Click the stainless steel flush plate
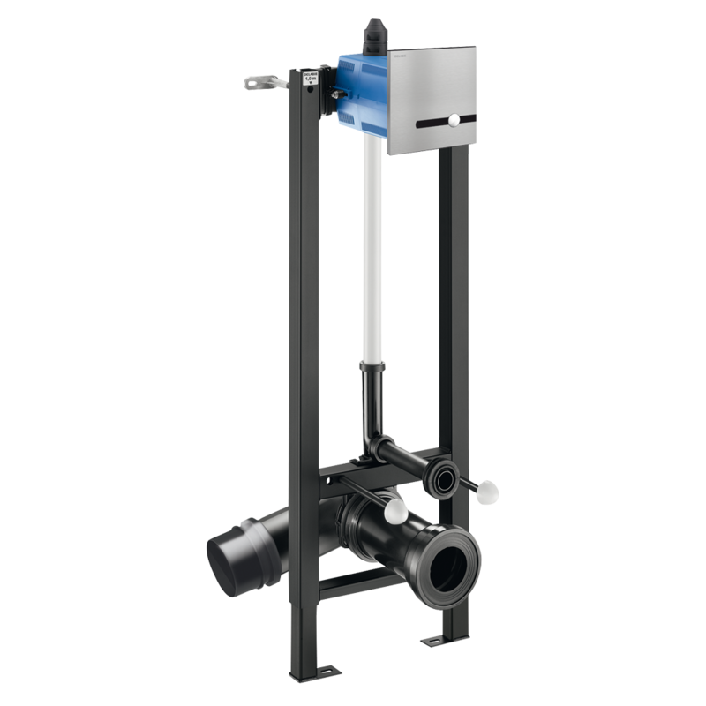click(432, 84)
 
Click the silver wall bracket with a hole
click(258, 84)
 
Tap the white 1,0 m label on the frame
click(310, 77)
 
